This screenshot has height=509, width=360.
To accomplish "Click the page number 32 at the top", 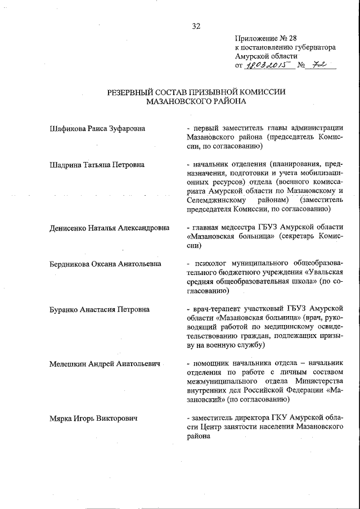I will [196, 26].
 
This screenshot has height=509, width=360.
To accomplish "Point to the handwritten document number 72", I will [319, 66].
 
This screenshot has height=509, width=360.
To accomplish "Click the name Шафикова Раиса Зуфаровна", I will [97, 129].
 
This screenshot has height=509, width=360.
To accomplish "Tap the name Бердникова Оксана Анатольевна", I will [105, 263].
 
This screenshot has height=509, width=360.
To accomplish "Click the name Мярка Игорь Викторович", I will [94, 418].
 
